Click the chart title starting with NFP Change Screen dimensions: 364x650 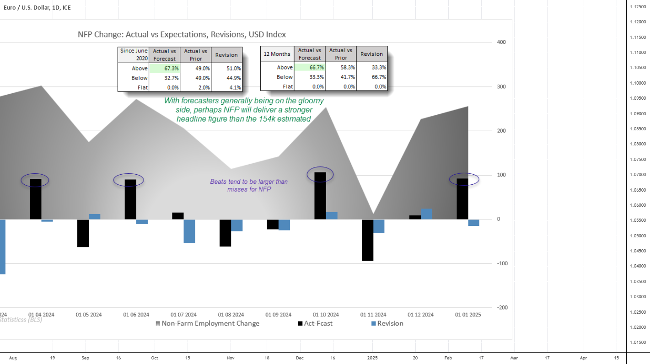point(182,35)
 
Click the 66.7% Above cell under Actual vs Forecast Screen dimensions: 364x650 point(309,67)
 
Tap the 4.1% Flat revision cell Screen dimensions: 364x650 point(226,87)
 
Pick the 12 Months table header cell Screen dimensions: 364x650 point(277,54)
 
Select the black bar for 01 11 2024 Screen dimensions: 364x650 point(368,240)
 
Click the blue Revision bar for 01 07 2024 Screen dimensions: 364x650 point(189,231)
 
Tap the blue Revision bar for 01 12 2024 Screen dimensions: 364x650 point(426,214)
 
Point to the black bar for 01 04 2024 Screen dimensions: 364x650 point(36,199)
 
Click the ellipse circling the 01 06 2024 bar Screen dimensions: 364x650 point(129,180)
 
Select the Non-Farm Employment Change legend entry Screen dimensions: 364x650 point(207,323)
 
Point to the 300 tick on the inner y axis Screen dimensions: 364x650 point(501,87)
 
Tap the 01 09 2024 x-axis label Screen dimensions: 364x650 point(278,315)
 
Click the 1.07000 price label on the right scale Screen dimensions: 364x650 point(637,175)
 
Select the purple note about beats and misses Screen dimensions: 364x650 point(249,185)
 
